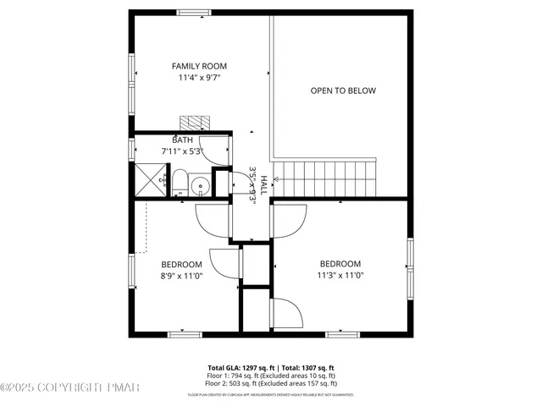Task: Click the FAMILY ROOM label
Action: tap(199, 66)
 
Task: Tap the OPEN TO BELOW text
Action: tap(343, 91)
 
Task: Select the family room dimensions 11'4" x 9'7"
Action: tap(199, 78)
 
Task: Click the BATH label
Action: tap(182, 140)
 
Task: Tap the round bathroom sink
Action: tap(200, 185)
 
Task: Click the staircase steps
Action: tap(329, 178)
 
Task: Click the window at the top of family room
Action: tap(194, 12)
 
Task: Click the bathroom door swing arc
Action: tap(218, 151)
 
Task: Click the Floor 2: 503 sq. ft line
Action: tap(273, 383)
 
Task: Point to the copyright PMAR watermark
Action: tap(69, 387)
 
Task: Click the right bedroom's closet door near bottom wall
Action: tap(286, 315)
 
